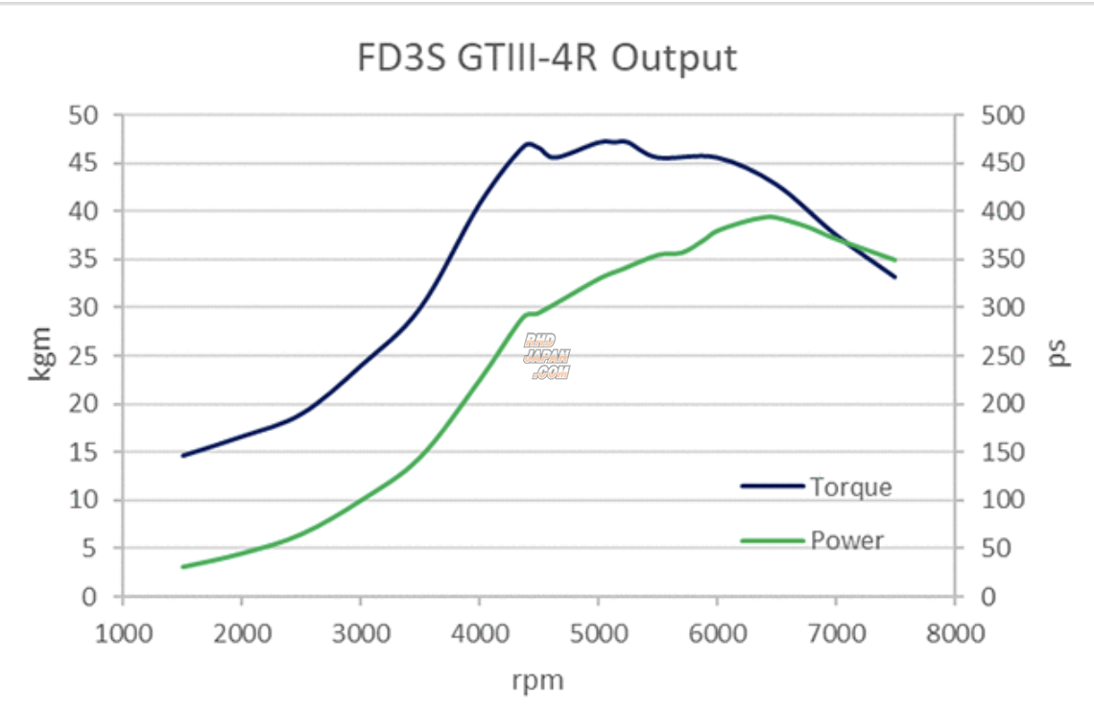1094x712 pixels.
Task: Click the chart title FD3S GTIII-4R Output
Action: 547,59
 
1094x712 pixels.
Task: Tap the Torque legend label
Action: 850,487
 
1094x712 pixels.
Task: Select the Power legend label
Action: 846,540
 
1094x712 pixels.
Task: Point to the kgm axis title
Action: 40,356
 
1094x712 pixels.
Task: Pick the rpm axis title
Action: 538,681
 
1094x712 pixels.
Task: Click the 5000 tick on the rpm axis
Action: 598,632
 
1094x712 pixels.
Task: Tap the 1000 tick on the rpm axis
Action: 123,632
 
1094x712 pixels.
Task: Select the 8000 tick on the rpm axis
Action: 955,632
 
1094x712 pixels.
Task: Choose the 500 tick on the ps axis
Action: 1003,115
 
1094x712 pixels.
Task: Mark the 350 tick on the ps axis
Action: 1003,260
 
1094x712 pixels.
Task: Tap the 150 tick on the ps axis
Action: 1003,452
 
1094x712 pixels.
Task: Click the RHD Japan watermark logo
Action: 547,356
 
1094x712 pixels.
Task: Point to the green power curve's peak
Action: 770,217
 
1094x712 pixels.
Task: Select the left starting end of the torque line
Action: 183,455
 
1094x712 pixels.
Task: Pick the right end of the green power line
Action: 894,260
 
